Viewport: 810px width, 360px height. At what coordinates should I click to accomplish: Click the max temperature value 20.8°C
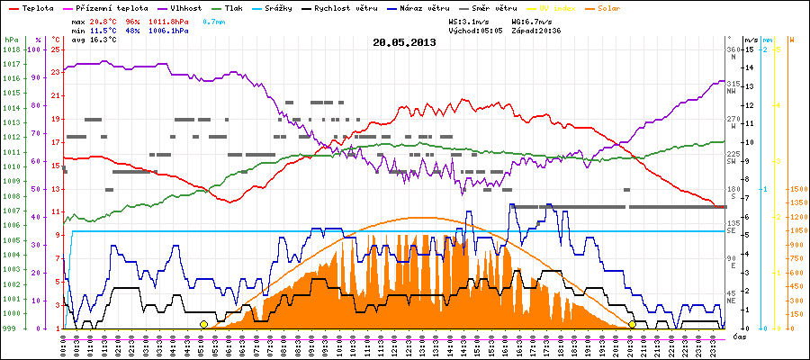(101, 20)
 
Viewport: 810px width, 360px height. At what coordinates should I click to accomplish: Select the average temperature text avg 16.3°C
(92, 40)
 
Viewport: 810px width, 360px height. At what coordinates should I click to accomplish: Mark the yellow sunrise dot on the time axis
(204, 324)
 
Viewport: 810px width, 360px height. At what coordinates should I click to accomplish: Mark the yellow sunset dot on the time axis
(632, 324)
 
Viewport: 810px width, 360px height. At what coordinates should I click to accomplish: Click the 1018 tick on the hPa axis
(11, 49)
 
